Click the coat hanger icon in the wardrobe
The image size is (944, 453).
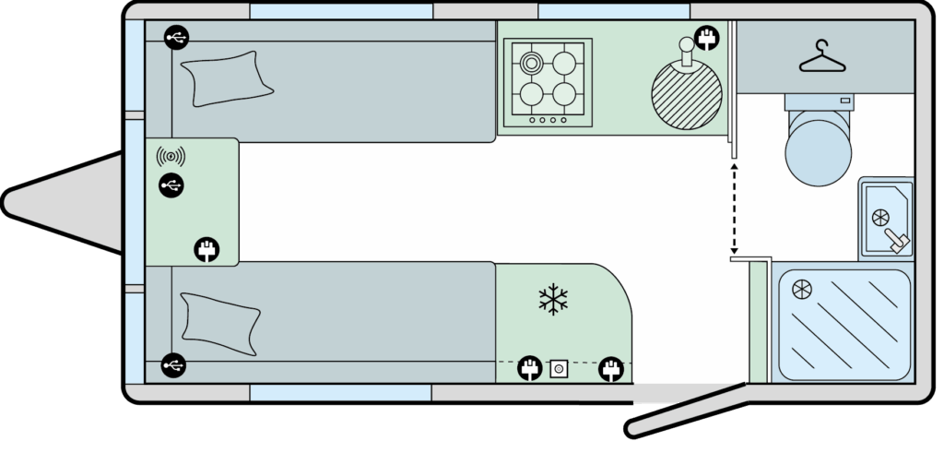[x=823, y=61]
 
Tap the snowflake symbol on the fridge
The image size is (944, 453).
[x=553, y=300]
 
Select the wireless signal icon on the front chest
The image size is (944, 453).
[x=171, y=155]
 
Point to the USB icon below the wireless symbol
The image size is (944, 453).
[x=171, y=185]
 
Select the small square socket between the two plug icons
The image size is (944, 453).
[x=557, y=370]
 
